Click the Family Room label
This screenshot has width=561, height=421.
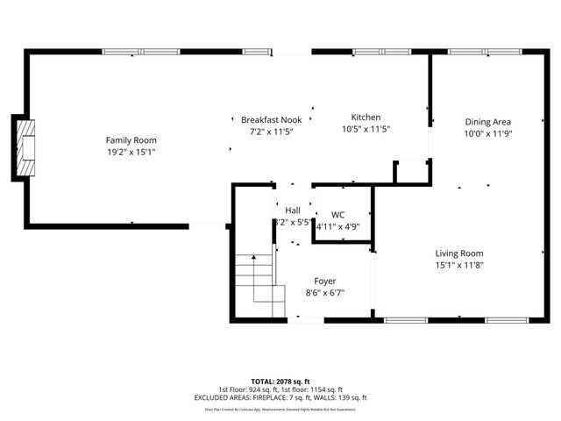coord(131,140)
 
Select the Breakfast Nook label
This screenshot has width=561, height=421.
coord(272,119)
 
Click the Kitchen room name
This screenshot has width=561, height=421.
coord(366,118)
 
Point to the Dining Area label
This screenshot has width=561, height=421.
coord(487,122)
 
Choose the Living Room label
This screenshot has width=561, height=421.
coord(459,253)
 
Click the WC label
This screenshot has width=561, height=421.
coord(337,215)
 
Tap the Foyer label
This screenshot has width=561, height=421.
coord(324,282)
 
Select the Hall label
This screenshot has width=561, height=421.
coord(293,210)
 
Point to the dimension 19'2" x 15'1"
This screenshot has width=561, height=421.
coord(131,152)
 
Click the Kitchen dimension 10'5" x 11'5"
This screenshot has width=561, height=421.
coord(366,129)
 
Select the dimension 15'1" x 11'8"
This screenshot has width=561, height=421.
coord(459,265)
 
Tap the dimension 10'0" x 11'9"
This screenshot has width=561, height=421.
coord(487,134)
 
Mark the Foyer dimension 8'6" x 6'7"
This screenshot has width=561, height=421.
coord(324,293)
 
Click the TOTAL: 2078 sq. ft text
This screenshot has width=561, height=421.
coord(280,381)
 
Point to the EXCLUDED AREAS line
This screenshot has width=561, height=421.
coord(280,397)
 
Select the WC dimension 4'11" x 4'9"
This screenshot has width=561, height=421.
coord(337,226)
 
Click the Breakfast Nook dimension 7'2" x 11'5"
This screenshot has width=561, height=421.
coord(272,132)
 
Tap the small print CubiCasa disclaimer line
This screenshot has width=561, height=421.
coord(280,409)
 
